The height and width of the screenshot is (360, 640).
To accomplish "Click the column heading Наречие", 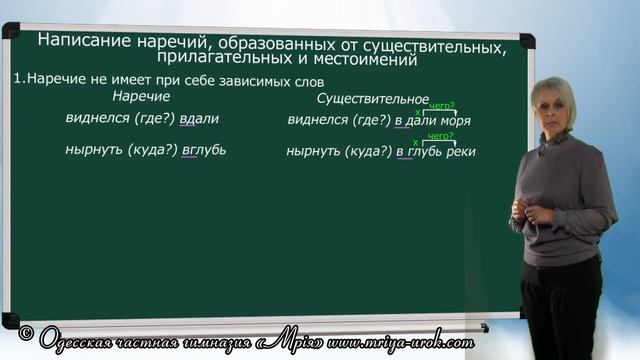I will click(x=141, y=97).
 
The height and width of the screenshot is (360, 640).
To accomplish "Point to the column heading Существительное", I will click(x=372, y=98).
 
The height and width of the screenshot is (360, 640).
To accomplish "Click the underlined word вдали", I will click(x=198, y=119).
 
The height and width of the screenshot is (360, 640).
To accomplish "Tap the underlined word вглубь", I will click(x=204, y=151).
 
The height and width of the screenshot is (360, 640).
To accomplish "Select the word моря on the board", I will click(x=455, y=121).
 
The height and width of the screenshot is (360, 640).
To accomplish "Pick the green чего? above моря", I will click(x=441, y=105).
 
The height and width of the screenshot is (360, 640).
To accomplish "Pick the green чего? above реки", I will click(x=441, y=136).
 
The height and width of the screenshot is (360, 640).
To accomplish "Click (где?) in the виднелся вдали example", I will click(x=154, y=119).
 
